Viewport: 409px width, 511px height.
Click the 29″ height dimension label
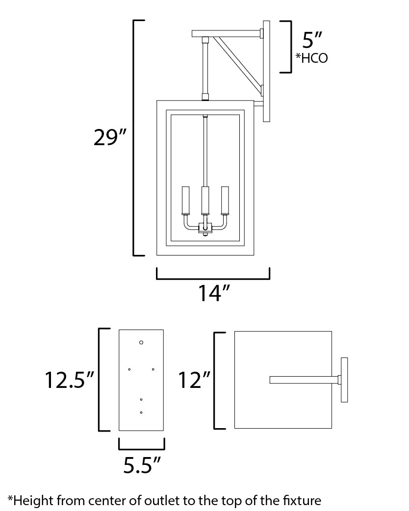tap(110, 138)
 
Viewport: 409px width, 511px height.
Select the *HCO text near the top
tap(311, 58)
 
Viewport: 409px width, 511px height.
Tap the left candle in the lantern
tap(186, 201)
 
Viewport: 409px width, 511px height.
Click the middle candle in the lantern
tap(205, 201)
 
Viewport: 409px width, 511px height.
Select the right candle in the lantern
tap(225, 201)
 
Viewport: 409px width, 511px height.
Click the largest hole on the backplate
tap(141, 342)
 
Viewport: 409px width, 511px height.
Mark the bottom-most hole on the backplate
tap(141, 412)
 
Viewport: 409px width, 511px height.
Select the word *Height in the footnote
tap(30, 501)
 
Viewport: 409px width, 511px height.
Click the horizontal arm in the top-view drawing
tap(304, 380)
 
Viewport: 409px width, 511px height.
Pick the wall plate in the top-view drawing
tap(344, 380)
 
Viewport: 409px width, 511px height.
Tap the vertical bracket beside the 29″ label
tap(136, 138)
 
